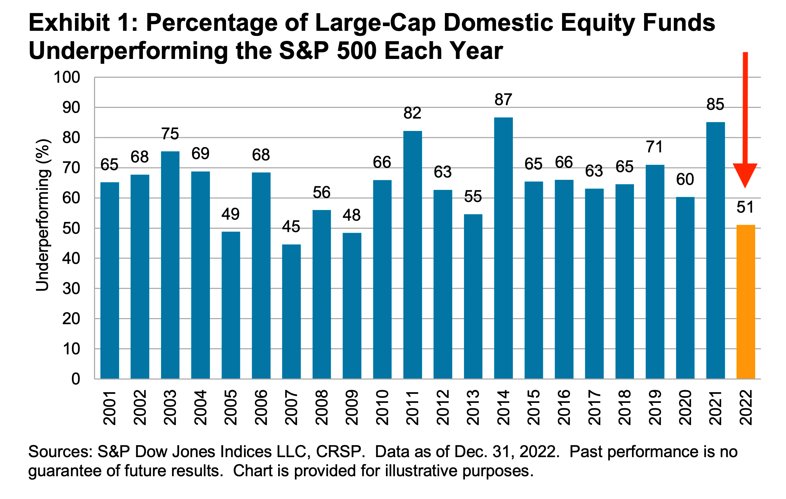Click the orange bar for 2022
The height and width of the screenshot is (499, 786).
click(x=745, y=301)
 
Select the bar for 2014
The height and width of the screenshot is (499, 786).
click(x=503, y=248)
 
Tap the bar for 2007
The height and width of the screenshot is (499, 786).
click(x=291, y=311)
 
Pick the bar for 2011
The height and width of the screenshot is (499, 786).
click(x=412, y=255)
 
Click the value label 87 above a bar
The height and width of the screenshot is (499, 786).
click(x=503, y=99)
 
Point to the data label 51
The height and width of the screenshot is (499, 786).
click(x=745, y=207)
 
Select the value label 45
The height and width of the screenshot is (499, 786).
click(x=291, y=227)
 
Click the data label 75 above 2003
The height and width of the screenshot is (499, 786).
click(x=170, y=134)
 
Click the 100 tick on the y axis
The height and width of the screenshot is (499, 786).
click(x=67, y=77)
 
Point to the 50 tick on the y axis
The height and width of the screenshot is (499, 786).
click(x=71, y=228)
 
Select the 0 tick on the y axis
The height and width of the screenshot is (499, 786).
click(x=76, y=379)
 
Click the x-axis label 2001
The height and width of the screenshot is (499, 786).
click(x=109, y=408)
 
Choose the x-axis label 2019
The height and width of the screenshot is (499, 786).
click(x=655, y=408)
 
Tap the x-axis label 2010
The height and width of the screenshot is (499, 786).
click(x=382, y=408)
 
